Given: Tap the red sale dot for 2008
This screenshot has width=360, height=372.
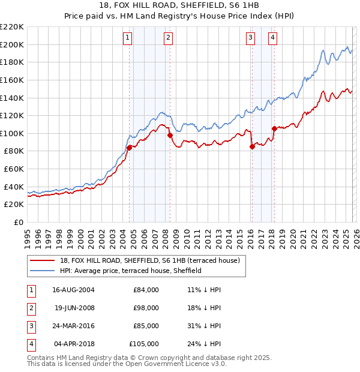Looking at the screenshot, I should pyautogui.click(x=170, y=136).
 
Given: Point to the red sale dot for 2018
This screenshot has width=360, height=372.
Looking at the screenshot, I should pyautogui.click(x=274, y=128).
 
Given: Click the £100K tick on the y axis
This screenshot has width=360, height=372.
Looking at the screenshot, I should pyautogui.click(x=12, y=133).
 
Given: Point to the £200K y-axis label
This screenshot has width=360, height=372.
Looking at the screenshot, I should pyautogui.click(x=12, y=44).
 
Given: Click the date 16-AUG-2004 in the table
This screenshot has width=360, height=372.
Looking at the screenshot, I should pyautogui.click(x=73, y=290).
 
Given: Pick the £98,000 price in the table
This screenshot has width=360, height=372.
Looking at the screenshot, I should pyautogui.click(x=146, y=308).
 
